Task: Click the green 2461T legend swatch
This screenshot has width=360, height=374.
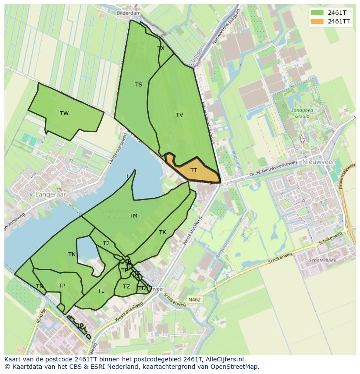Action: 317,12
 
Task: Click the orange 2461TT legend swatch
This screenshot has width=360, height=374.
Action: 317,21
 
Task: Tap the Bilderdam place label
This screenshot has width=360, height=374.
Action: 129,13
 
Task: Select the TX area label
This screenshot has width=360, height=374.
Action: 161,48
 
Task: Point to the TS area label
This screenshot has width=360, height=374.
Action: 138,85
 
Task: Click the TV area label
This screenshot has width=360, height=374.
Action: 179,115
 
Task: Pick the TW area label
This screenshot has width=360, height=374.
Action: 64,113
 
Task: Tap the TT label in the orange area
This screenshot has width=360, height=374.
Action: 193,170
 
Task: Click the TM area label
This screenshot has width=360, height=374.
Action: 133,216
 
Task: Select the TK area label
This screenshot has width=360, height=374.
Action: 162,232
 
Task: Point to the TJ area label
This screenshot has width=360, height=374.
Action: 106,243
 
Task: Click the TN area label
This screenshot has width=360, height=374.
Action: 72,255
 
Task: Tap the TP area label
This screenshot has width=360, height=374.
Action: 62,286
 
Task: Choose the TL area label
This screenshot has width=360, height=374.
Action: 101,291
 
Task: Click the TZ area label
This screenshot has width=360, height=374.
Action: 126,287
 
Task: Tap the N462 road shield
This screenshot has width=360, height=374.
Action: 194,300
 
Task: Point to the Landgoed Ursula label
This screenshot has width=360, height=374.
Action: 302,113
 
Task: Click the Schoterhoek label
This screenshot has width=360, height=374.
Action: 322,261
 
